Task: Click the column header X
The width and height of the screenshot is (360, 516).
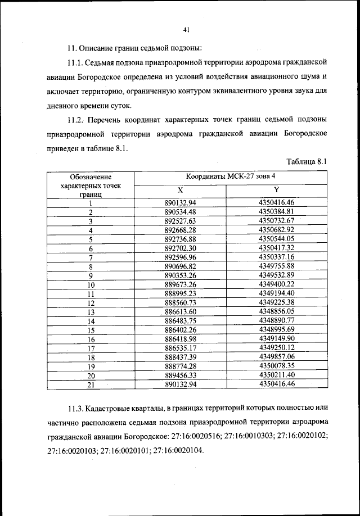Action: [179, 189]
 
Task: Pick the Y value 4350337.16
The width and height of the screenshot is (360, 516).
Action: [277, 257]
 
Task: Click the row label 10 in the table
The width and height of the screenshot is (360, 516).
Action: [89, 284]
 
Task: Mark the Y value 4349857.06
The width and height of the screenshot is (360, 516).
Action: [277, 357]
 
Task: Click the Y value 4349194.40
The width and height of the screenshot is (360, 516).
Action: [277, 293]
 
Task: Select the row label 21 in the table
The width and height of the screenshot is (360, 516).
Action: [89, 384]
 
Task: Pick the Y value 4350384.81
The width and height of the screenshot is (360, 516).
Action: [277, 211]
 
